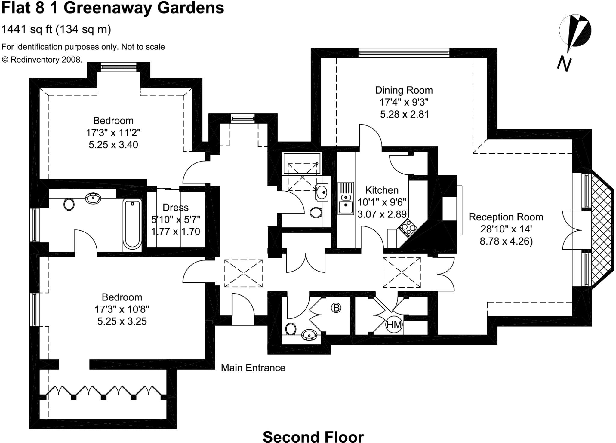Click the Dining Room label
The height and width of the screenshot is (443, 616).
tap(404, 90)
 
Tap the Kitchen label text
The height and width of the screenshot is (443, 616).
tap(382, 190)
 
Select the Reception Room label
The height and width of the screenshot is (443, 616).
tap(506, 217)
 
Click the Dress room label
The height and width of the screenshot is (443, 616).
tap(175, 208)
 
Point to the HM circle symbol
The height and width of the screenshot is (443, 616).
tap(394, 325)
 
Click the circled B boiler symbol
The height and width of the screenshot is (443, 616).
tap(336, 308)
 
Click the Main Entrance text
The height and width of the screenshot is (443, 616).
tap(253, 368)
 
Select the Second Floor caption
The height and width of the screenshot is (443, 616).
tap(313, 437)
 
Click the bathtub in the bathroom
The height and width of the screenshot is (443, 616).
tap(132, 224)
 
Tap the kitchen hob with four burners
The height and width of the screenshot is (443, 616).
tap(408, 228)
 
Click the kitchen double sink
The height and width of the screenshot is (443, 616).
tap(346, 198)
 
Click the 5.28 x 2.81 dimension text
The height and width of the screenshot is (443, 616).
tap(404, 115)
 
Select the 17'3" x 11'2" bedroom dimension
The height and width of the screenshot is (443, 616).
tap(113, 133)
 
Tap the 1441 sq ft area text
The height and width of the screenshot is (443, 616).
tap(57, 29)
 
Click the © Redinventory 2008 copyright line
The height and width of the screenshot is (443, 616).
tap(42, 60)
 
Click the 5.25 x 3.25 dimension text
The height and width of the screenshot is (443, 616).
tap(122, 321)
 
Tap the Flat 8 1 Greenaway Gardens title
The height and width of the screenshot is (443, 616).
tap(113, 8)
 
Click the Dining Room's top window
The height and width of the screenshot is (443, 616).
tap(404, 53)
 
